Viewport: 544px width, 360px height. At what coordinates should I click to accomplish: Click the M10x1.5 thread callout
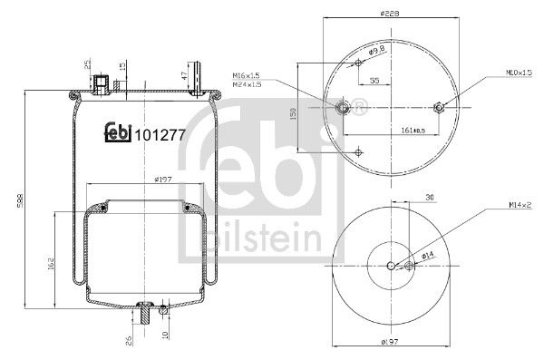tap(519, 72)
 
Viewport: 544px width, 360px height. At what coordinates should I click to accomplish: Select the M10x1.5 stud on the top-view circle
tap(439, 108)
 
